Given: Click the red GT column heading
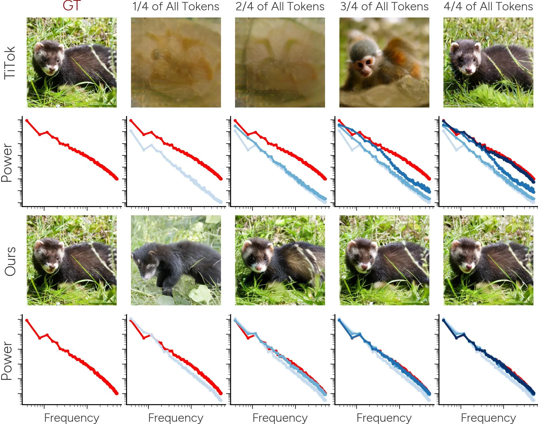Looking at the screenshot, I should click(x=72, y=6).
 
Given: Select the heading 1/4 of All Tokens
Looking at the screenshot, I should click(x=176, y=6).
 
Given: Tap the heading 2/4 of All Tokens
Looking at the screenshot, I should click(x=280, y=6).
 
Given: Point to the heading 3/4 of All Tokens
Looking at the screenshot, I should click(x=384, y=6).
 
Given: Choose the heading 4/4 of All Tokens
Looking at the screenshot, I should click(x=488, y=6).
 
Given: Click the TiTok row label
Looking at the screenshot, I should click(x=9, y=62).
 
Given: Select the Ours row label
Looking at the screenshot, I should click(x=10, y=261).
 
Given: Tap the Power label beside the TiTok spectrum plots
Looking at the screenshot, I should click(x=7, y=163).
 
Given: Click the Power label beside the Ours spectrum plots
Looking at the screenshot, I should click(x=7, y=361).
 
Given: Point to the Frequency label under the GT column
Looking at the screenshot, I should click(x=72, y=418).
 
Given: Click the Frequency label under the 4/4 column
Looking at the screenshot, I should click(x=488, y=418).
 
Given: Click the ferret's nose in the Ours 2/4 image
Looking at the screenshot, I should click(x=259, y=268).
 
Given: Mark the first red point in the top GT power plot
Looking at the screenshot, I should click(x=27, y=121).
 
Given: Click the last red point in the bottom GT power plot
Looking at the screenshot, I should click(x=117, y=393).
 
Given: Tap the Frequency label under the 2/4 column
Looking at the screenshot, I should click(x=280, y=418).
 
